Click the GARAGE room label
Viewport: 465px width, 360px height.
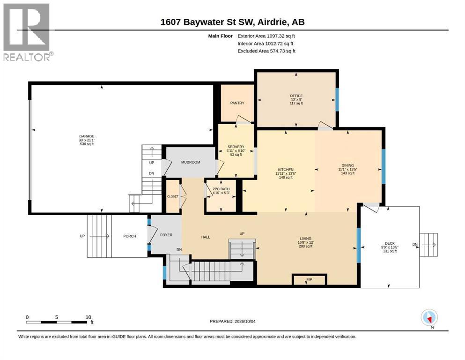pyautogui.click(x=87, y=136)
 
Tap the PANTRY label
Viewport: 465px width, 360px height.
pyautogui.click(x=237, y=103)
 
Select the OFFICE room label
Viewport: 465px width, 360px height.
pyautogui.click(x=296, y=96)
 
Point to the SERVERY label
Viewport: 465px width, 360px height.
pyautogui.click(x=236, y=147)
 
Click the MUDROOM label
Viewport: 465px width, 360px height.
pyautogui.click(x=191, y=162)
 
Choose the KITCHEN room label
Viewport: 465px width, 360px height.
pyautogui.click(x=286, y=170)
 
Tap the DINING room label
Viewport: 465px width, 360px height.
pyautogui.click(x=347, y=165)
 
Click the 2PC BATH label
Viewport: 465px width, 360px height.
pyautogui.click(x=221, y=189)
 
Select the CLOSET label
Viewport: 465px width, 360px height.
pyautogui.click(x=173, y=196)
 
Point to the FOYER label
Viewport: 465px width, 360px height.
pyautogui.click(x=166, y=235)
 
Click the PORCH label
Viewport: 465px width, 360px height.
pyautogui.click(x=130, y=236)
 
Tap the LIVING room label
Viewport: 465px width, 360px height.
pyautogui.click(x=305, y=238)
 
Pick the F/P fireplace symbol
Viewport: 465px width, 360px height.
pyautogui.click(x=310, y=279)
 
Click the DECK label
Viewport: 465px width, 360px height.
pyautogui.click(x=390, y=243)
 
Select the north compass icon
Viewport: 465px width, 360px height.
pyautogui.click(x=429, y=318)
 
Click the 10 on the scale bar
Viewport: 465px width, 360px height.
pyautogui.click(x=88, y=317)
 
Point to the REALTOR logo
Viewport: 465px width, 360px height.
pyautogui.click(x=28, y=32)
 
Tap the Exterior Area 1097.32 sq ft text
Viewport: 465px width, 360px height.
pyautogui.click(x=266, y=36)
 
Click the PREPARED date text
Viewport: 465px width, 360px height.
pyautogui.click(x=232, y=321)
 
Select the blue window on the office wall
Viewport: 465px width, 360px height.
pyautogui.click(x=337, y=99)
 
